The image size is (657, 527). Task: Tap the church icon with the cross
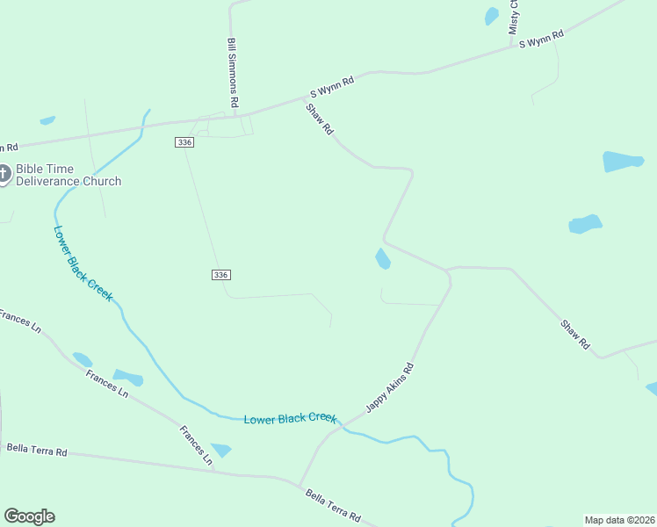pos(3,173)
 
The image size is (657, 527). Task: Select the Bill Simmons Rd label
pos(233,73)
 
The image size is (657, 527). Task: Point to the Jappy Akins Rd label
pos(390,387)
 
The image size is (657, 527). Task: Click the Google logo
pos(29,516)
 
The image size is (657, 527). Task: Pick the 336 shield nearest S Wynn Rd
pos(184,142)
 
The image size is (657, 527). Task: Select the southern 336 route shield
pos(221,275)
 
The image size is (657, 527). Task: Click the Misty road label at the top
pos(514,18)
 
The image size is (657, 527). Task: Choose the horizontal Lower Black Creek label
pos(290,419)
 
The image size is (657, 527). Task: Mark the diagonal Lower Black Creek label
pos(83,263)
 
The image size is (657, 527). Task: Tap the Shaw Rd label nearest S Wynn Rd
pos(320,119)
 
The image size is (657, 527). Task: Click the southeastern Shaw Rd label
pos(575,336)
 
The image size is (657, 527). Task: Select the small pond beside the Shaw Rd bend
pos(382,258)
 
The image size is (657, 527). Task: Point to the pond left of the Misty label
pos(492,16)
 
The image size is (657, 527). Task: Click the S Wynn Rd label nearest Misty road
pos(541,39)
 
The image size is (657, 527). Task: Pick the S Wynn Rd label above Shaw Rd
pos(332,86)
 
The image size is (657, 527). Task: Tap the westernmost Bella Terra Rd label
pos(37,450)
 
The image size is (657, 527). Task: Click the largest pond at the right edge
pos(623,162)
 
